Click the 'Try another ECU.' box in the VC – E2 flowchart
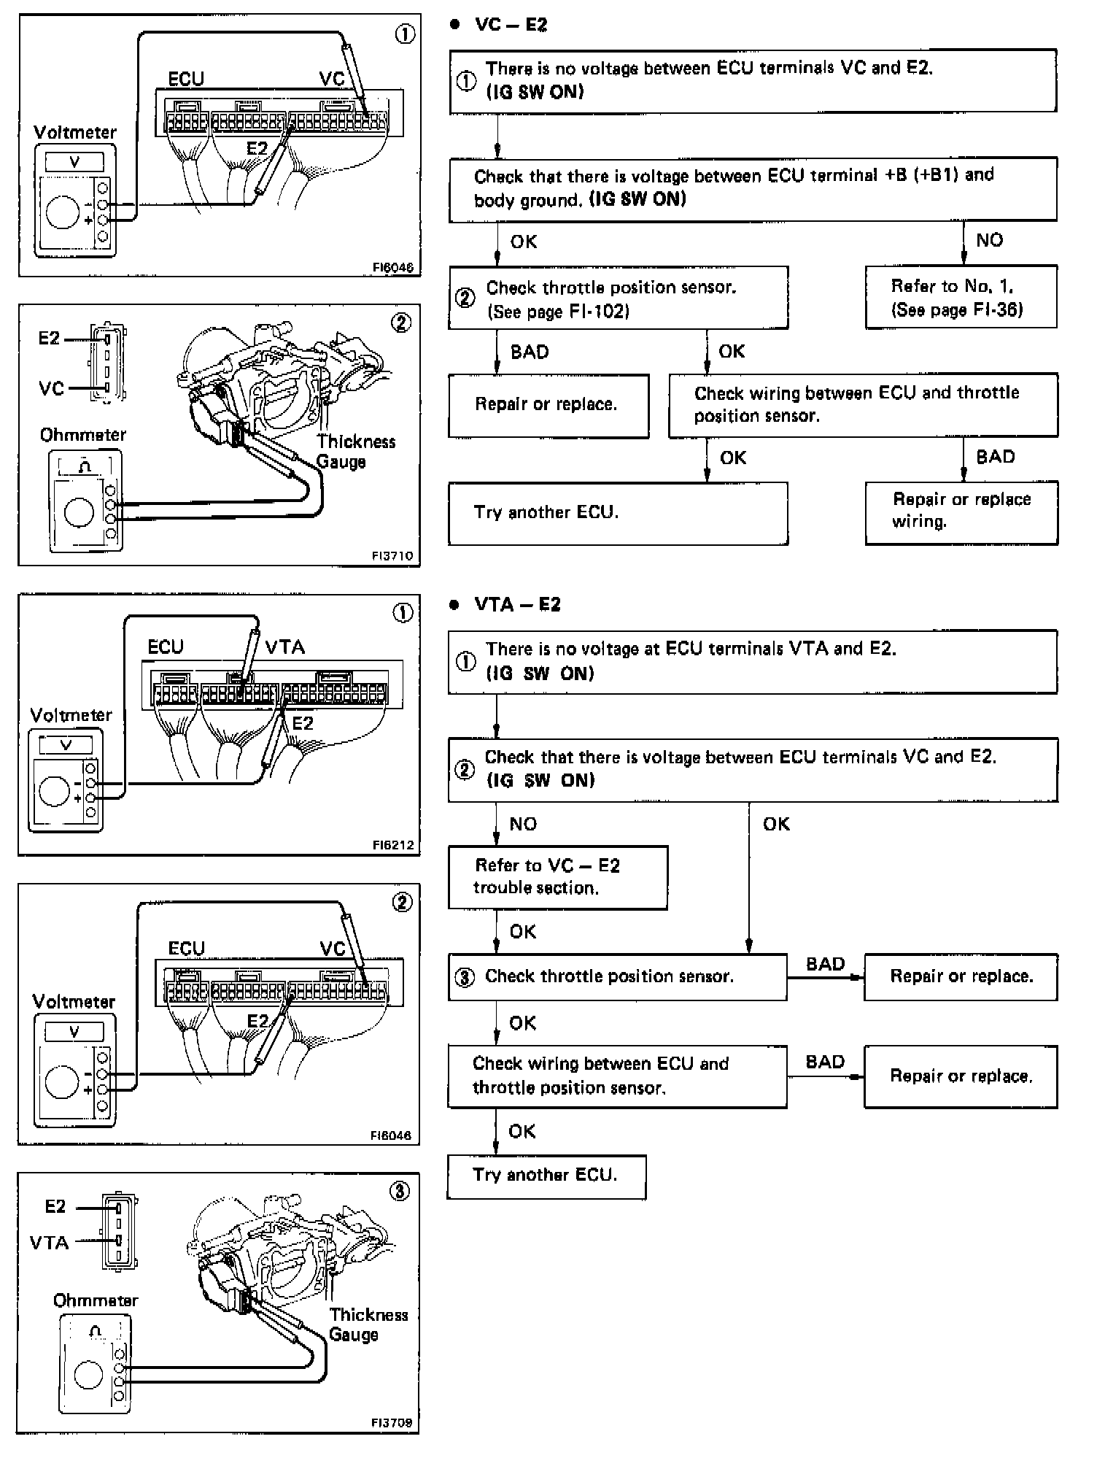pyautogui.click(x=618, y=513)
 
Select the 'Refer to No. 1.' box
pyautogui.click(x=961, y=298)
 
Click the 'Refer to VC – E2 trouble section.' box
pyautogui.click(x=557, y=877)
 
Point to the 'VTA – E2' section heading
pyautogui.click(x=517, y=605)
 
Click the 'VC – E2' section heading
pyautogui.click(x=511, y=25)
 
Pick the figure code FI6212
pyautogui.click(x=392, y=845)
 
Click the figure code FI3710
pyautogui.click(x=392, y=556)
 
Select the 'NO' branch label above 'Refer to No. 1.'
pyautogui.click(x=989, y=240)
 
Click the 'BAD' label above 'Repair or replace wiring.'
pyautogui.click(x=995, y=457)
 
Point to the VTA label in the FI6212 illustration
pyautogui.click(x=285, y=647)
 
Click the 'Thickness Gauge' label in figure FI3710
pyautogui.click(x=354, y=452)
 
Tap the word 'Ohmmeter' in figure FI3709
pyautogui.click(x=96, y=1300)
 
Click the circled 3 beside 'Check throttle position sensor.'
pyautogui.click(x=465, y=977)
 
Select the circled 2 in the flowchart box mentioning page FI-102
pyautogui.click(x=465, y=298)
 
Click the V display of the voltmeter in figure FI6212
pyautogui.click(x=66, y=745)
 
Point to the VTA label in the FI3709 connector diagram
pyautogui.click(x=50, y=1242)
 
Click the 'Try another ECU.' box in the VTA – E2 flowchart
pyautogui.click(x=546, y=1175)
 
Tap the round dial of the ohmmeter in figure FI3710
pyautogui.click(x=79, y=512)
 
